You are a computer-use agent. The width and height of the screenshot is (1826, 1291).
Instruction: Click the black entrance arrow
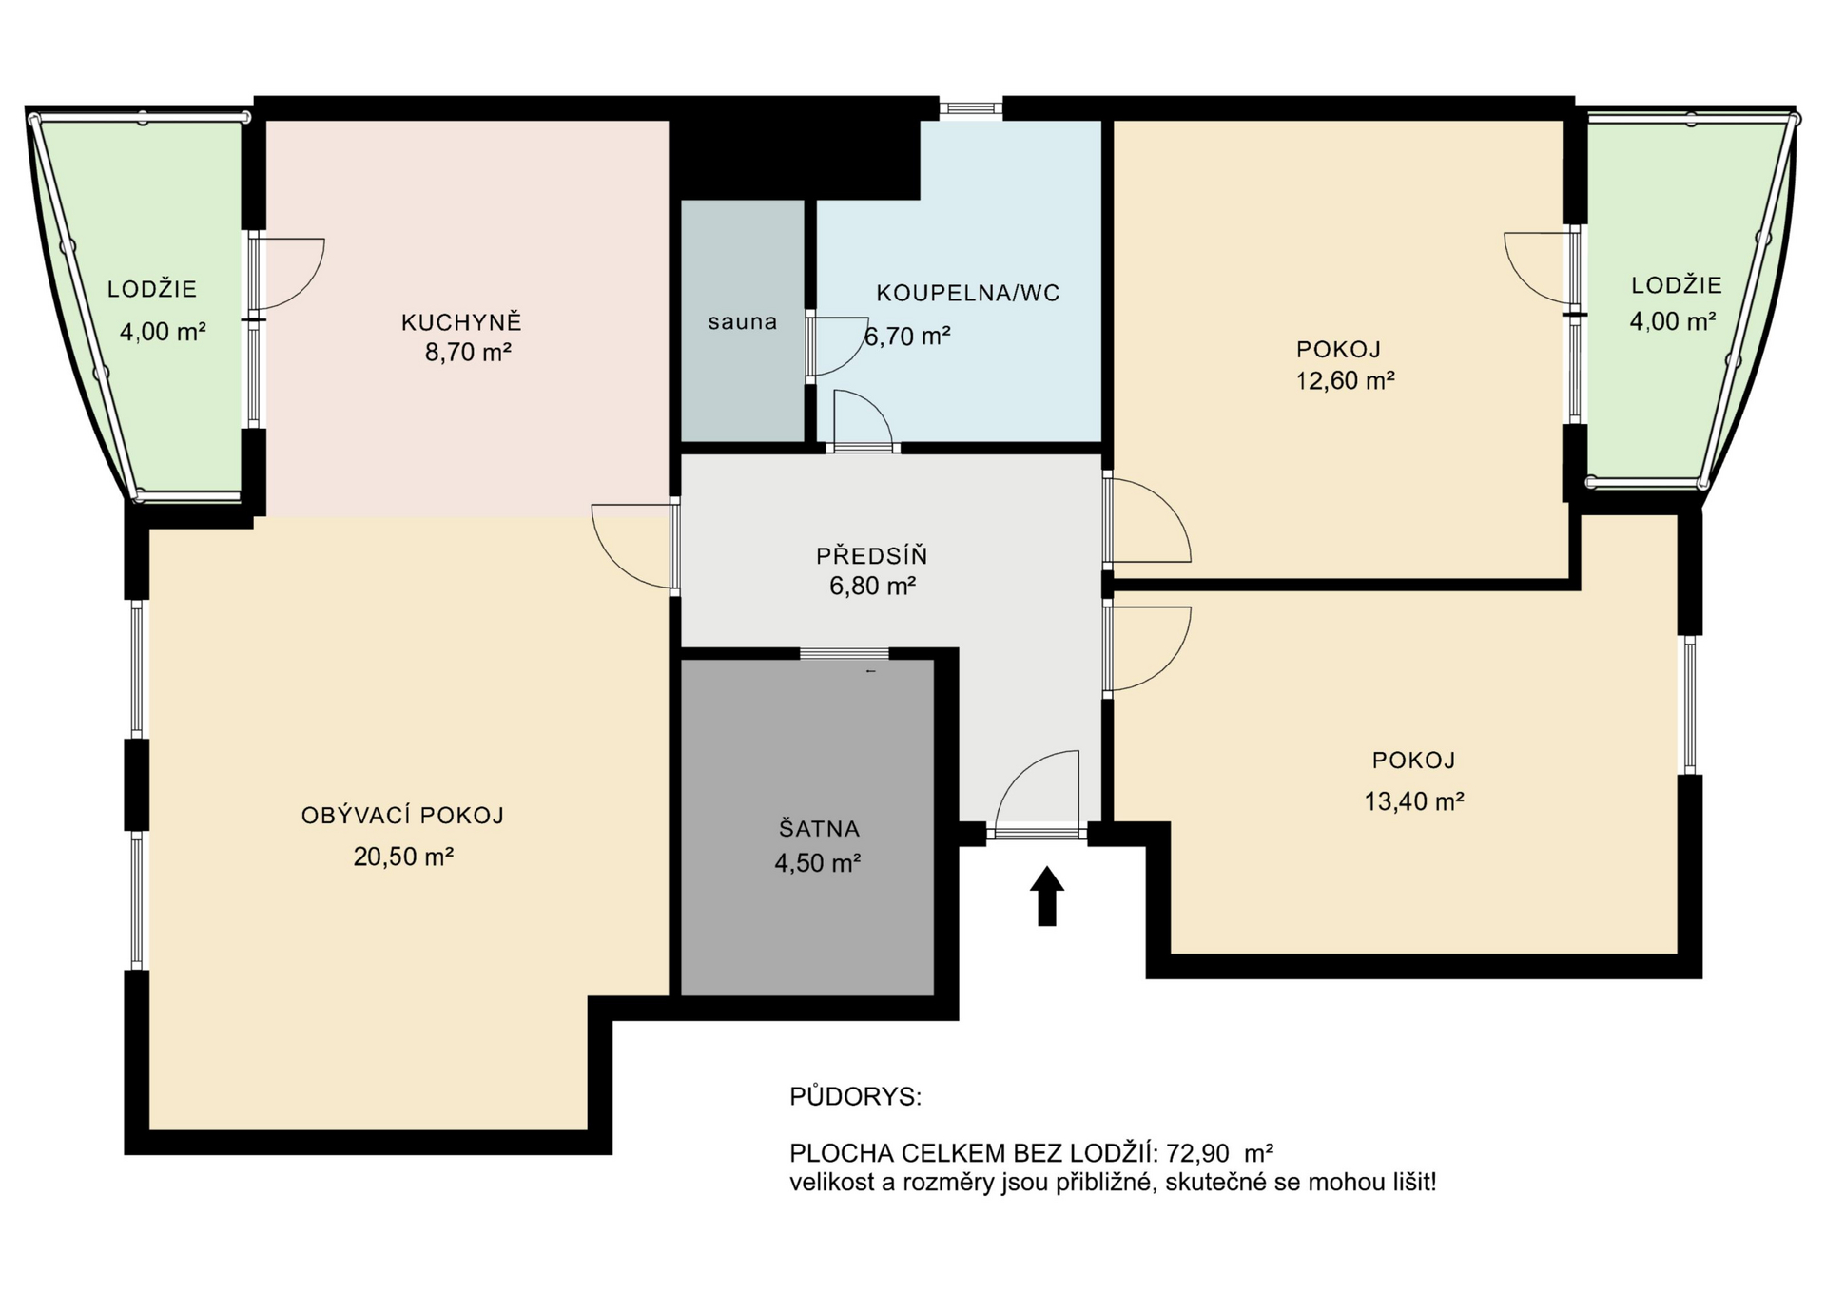tap(1046, 896)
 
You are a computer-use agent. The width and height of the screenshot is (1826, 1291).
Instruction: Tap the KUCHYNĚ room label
tap(461, 323)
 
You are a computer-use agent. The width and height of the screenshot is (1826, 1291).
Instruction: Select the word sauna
tap(742, 322)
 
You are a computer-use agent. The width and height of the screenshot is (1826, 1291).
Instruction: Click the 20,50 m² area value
tap(403, 857)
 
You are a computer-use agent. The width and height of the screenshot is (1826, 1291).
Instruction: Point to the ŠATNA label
tap(819, 828)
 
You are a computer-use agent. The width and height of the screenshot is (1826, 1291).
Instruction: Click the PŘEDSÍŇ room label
tap(871, 555)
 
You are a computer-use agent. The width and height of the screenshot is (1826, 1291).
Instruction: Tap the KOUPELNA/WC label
tap(967, 293)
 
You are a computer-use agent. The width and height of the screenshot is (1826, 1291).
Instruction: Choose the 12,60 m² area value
tap(1345, 381)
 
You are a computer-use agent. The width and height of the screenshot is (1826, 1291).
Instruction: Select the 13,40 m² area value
tap(1413, 801)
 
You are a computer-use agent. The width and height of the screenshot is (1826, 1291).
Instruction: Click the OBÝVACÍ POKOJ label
tap(402, 816)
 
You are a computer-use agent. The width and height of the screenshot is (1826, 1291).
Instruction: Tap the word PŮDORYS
tap(855, 1097)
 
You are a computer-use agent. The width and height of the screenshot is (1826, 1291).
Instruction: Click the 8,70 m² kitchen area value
tap(468, 354)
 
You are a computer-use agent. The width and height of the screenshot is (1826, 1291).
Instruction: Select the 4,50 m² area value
tap(818, 863)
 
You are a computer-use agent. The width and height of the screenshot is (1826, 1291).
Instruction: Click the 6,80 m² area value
tap(872, 586)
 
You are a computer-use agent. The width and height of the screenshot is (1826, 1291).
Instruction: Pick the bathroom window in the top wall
tap(971, 108)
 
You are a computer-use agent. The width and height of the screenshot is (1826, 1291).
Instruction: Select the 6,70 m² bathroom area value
tap(907, 336)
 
